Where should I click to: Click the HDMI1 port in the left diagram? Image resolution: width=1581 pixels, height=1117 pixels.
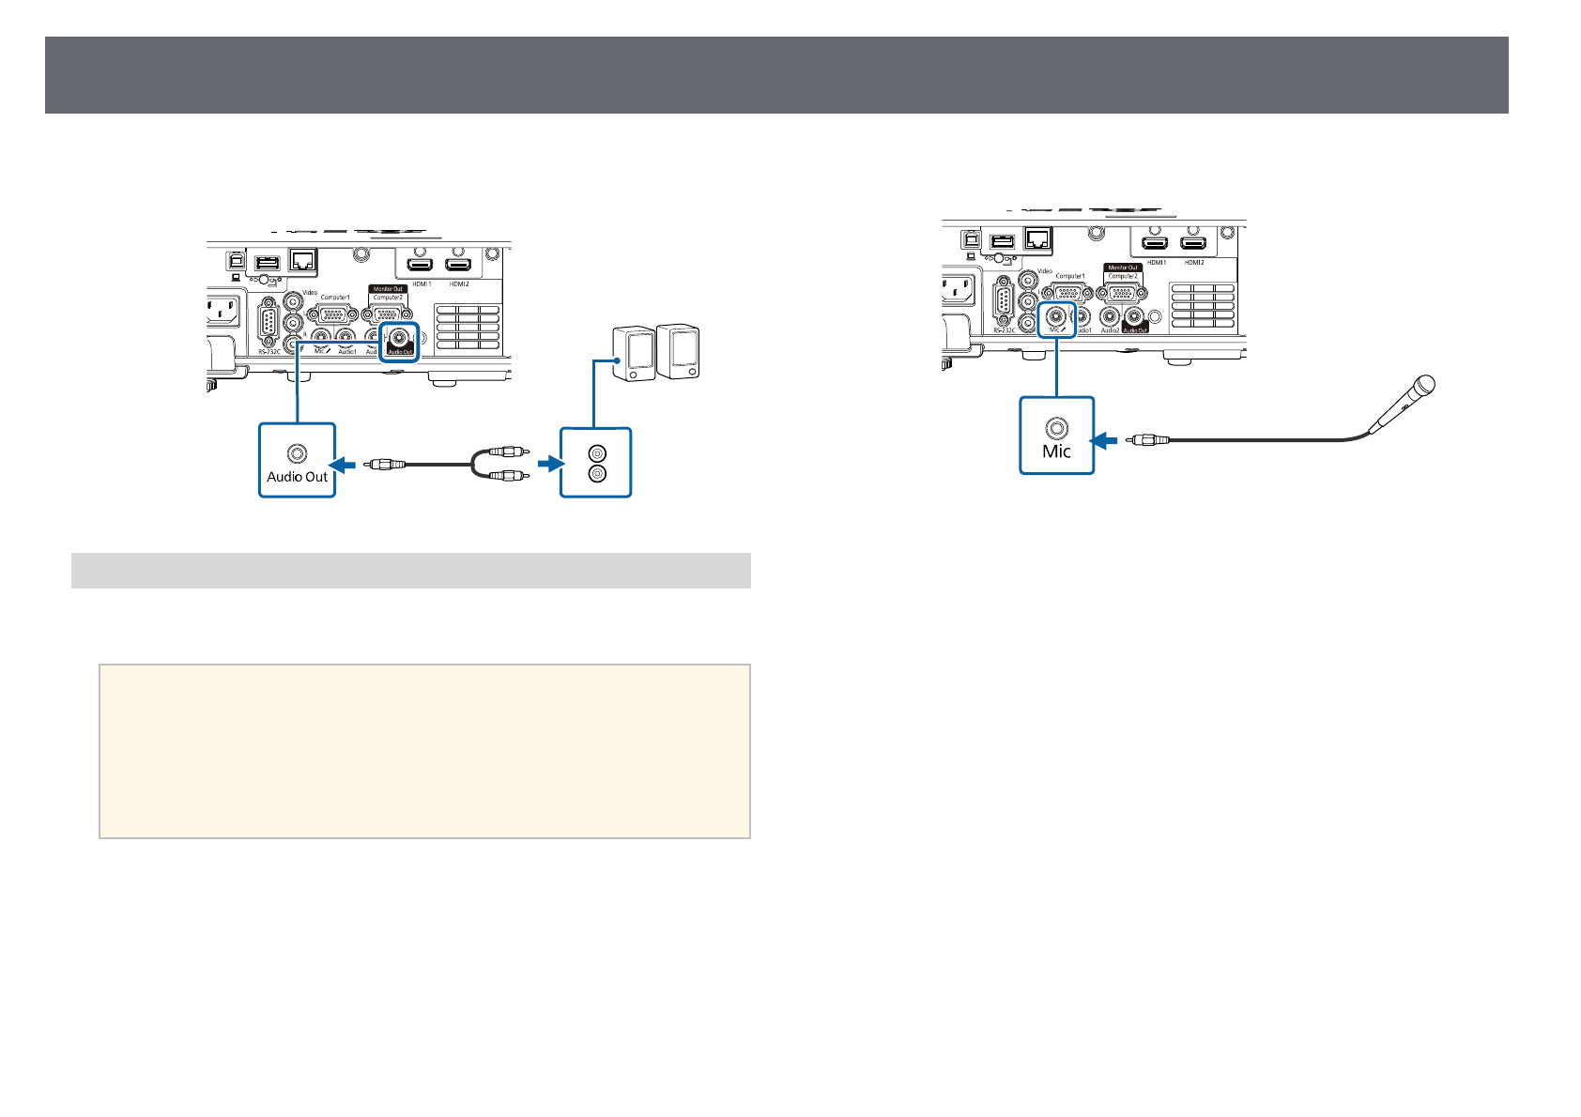point(421,266)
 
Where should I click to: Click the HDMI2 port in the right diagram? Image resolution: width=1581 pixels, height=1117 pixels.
point(1193,244)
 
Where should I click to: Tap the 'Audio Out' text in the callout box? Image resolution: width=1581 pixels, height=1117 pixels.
point(297,477)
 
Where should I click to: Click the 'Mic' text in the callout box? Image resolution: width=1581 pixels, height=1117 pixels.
point(1056,451)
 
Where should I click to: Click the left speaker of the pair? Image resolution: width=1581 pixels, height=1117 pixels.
point(633,354)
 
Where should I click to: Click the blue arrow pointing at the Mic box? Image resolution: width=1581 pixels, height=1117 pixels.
point(1104,439)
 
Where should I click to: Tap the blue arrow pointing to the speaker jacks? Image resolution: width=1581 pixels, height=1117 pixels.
point(549,464)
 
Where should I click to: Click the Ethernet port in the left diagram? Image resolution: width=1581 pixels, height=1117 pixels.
point(303,259)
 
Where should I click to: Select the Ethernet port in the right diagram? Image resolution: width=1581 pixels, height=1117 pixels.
point(1038,238)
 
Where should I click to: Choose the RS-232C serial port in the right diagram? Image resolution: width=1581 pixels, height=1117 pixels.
point(1004,303)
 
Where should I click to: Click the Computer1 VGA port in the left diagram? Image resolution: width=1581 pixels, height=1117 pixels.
point(331,314)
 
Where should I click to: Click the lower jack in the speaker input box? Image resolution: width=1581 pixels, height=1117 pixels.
point(596,474)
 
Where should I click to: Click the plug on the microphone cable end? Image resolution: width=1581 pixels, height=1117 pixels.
point(1147,439)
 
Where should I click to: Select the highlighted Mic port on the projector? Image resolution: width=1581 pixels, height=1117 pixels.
point(1056,317)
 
